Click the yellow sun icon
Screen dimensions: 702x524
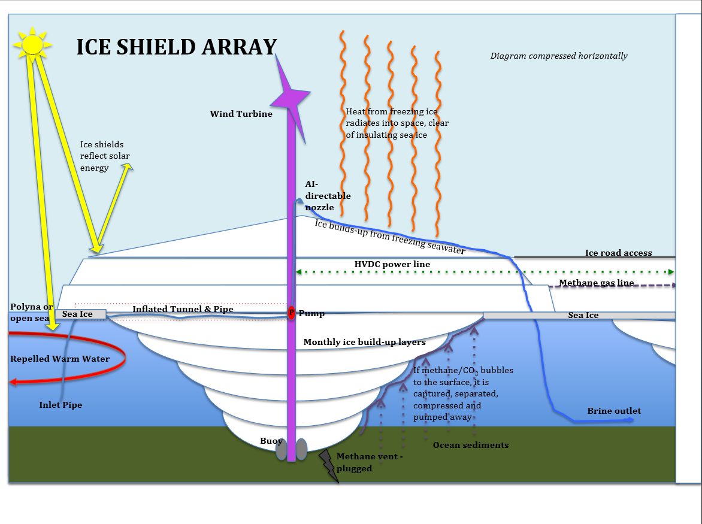(32, 44)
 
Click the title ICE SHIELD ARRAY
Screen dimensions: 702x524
(177, 47)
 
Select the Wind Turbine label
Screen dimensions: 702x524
(241, 114)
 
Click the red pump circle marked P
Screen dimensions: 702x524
(292, 313)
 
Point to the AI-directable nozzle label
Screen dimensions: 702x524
(328, 196)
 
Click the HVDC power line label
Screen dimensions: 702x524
(392, 265)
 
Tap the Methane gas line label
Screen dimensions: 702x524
(597, 283)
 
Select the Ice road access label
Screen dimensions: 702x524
(618, 253)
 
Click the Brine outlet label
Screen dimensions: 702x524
(614, 411)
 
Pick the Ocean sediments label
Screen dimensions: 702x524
(471, 445)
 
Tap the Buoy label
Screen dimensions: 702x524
(271, 441)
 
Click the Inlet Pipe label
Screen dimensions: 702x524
(60, 405)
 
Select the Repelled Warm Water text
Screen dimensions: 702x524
(60, 359)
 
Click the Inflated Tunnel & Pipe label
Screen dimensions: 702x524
(183, 309)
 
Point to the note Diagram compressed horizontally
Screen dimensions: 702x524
(559, 56)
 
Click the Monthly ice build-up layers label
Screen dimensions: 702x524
(364, 343)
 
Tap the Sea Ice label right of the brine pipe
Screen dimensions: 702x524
(583, 315)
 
